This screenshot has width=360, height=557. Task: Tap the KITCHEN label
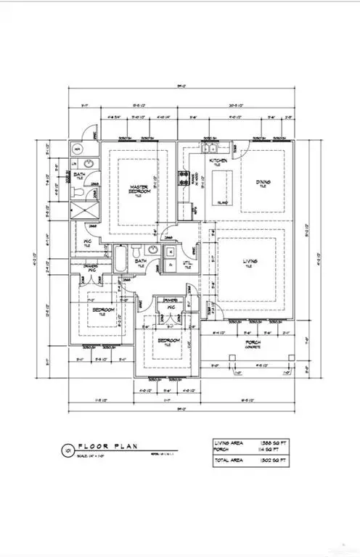218,160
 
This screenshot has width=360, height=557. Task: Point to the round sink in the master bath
87,165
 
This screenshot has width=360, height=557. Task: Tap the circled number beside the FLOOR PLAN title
67,450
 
